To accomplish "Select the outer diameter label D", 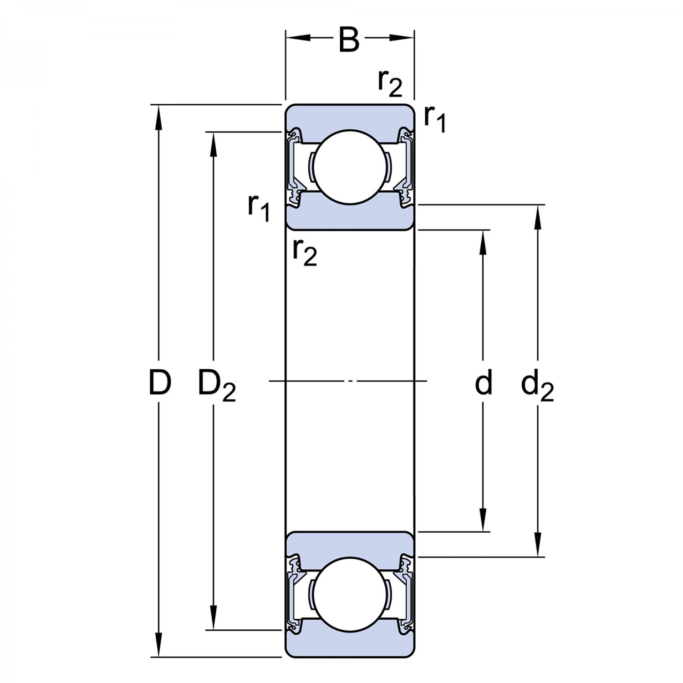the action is [160, 382].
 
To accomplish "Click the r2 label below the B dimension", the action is [390, 83].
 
